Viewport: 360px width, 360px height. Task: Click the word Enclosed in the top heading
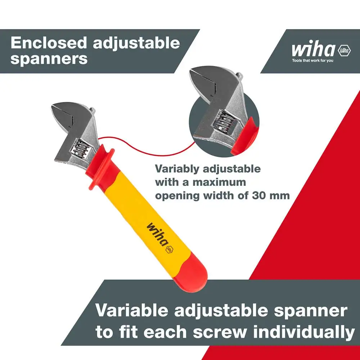(49, 43)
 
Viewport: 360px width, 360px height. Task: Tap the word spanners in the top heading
(49, 59)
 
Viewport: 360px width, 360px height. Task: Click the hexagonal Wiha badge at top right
(344, 50)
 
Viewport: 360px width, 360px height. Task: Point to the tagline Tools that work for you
(312, 60)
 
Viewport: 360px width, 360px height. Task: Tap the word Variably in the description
(177, 169)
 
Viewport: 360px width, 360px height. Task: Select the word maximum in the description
(219, 182)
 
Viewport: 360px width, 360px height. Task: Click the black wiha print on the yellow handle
(157, 234)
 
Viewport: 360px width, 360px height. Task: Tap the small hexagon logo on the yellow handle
(170, 250)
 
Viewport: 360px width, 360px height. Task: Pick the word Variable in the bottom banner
(132, 310)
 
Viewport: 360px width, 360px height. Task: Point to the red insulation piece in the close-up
(245, 136)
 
